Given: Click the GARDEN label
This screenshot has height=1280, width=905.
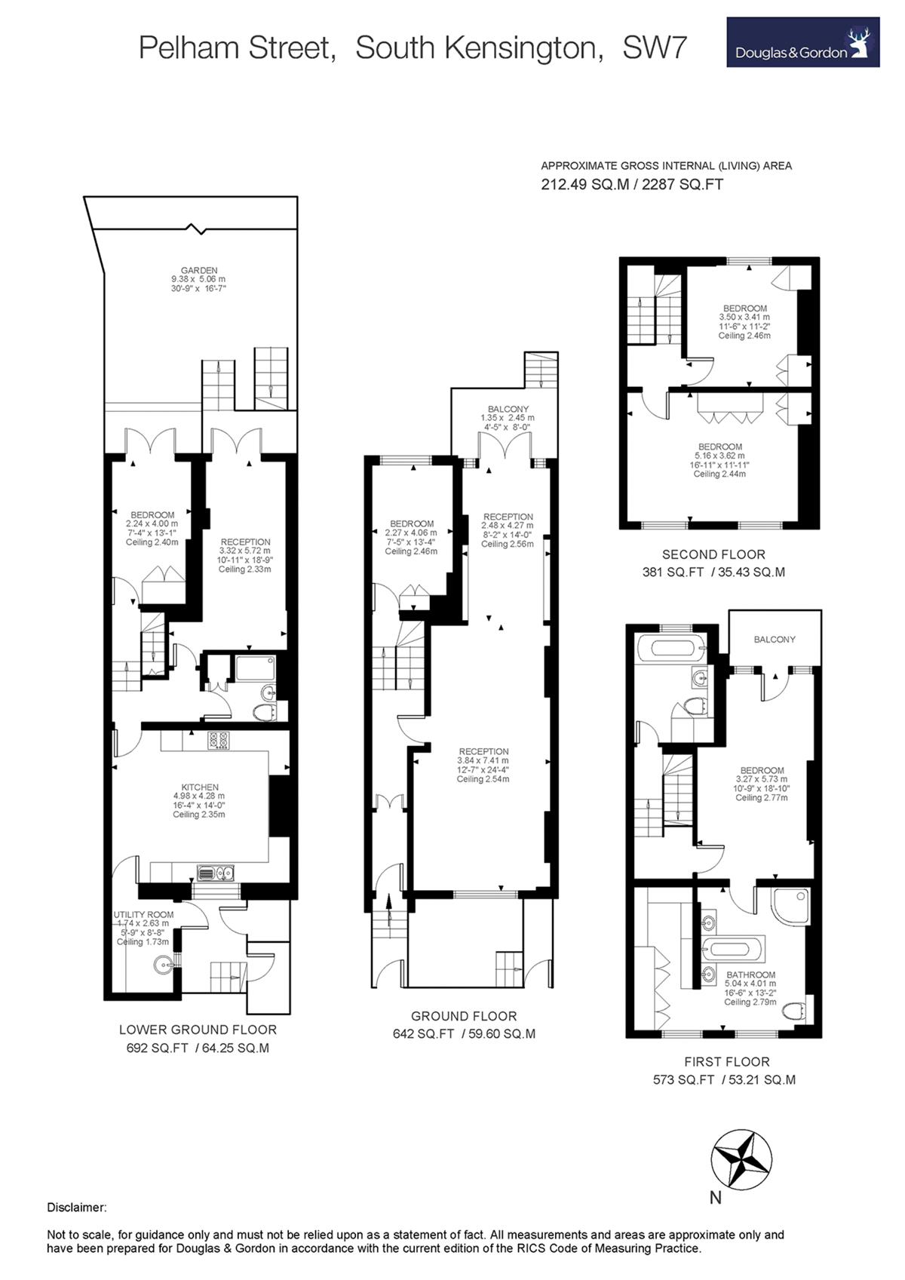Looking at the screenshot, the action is coord(199,270).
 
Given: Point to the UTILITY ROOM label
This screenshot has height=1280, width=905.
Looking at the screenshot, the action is coord(143,914).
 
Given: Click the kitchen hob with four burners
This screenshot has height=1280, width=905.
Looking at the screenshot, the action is coord(218,741).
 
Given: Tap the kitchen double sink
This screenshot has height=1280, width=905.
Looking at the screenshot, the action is coord(216,873).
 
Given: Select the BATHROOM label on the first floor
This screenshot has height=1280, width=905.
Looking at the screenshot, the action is coord(750,975).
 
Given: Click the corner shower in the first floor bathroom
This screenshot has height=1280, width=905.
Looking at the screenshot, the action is coord(790,907).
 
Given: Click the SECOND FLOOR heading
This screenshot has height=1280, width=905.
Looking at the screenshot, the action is coord(713,554).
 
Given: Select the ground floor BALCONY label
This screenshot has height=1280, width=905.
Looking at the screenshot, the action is coord(508,409).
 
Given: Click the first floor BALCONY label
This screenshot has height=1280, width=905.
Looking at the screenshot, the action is coord(775,640).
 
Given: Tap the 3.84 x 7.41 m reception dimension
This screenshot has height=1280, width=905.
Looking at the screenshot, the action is coord(483,760).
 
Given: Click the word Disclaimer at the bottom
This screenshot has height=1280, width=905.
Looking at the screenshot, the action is coord(77,1208).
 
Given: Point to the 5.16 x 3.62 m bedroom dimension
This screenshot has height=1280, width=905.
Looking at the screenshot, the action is coord(719,456).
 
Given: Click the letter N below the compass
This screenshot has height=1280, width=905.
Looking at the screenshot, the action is coord(716,1198).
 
